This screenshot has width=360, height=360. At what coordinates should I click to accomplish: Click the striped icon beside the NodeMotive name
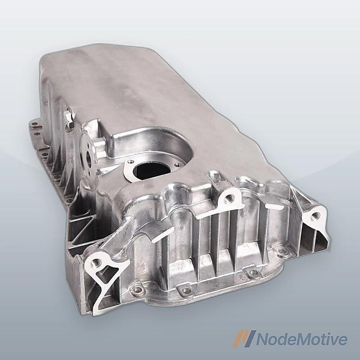(x=244, y=339)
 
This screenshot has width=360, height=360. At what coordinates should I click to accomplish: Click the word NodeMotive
(x=301, y=339)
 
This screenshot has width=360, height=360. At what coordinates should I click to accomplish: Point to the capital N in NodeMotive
(x=263, y=339)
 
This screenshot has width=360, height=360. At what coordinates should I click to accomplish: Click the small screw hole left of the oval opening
(x=130, y=162)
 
